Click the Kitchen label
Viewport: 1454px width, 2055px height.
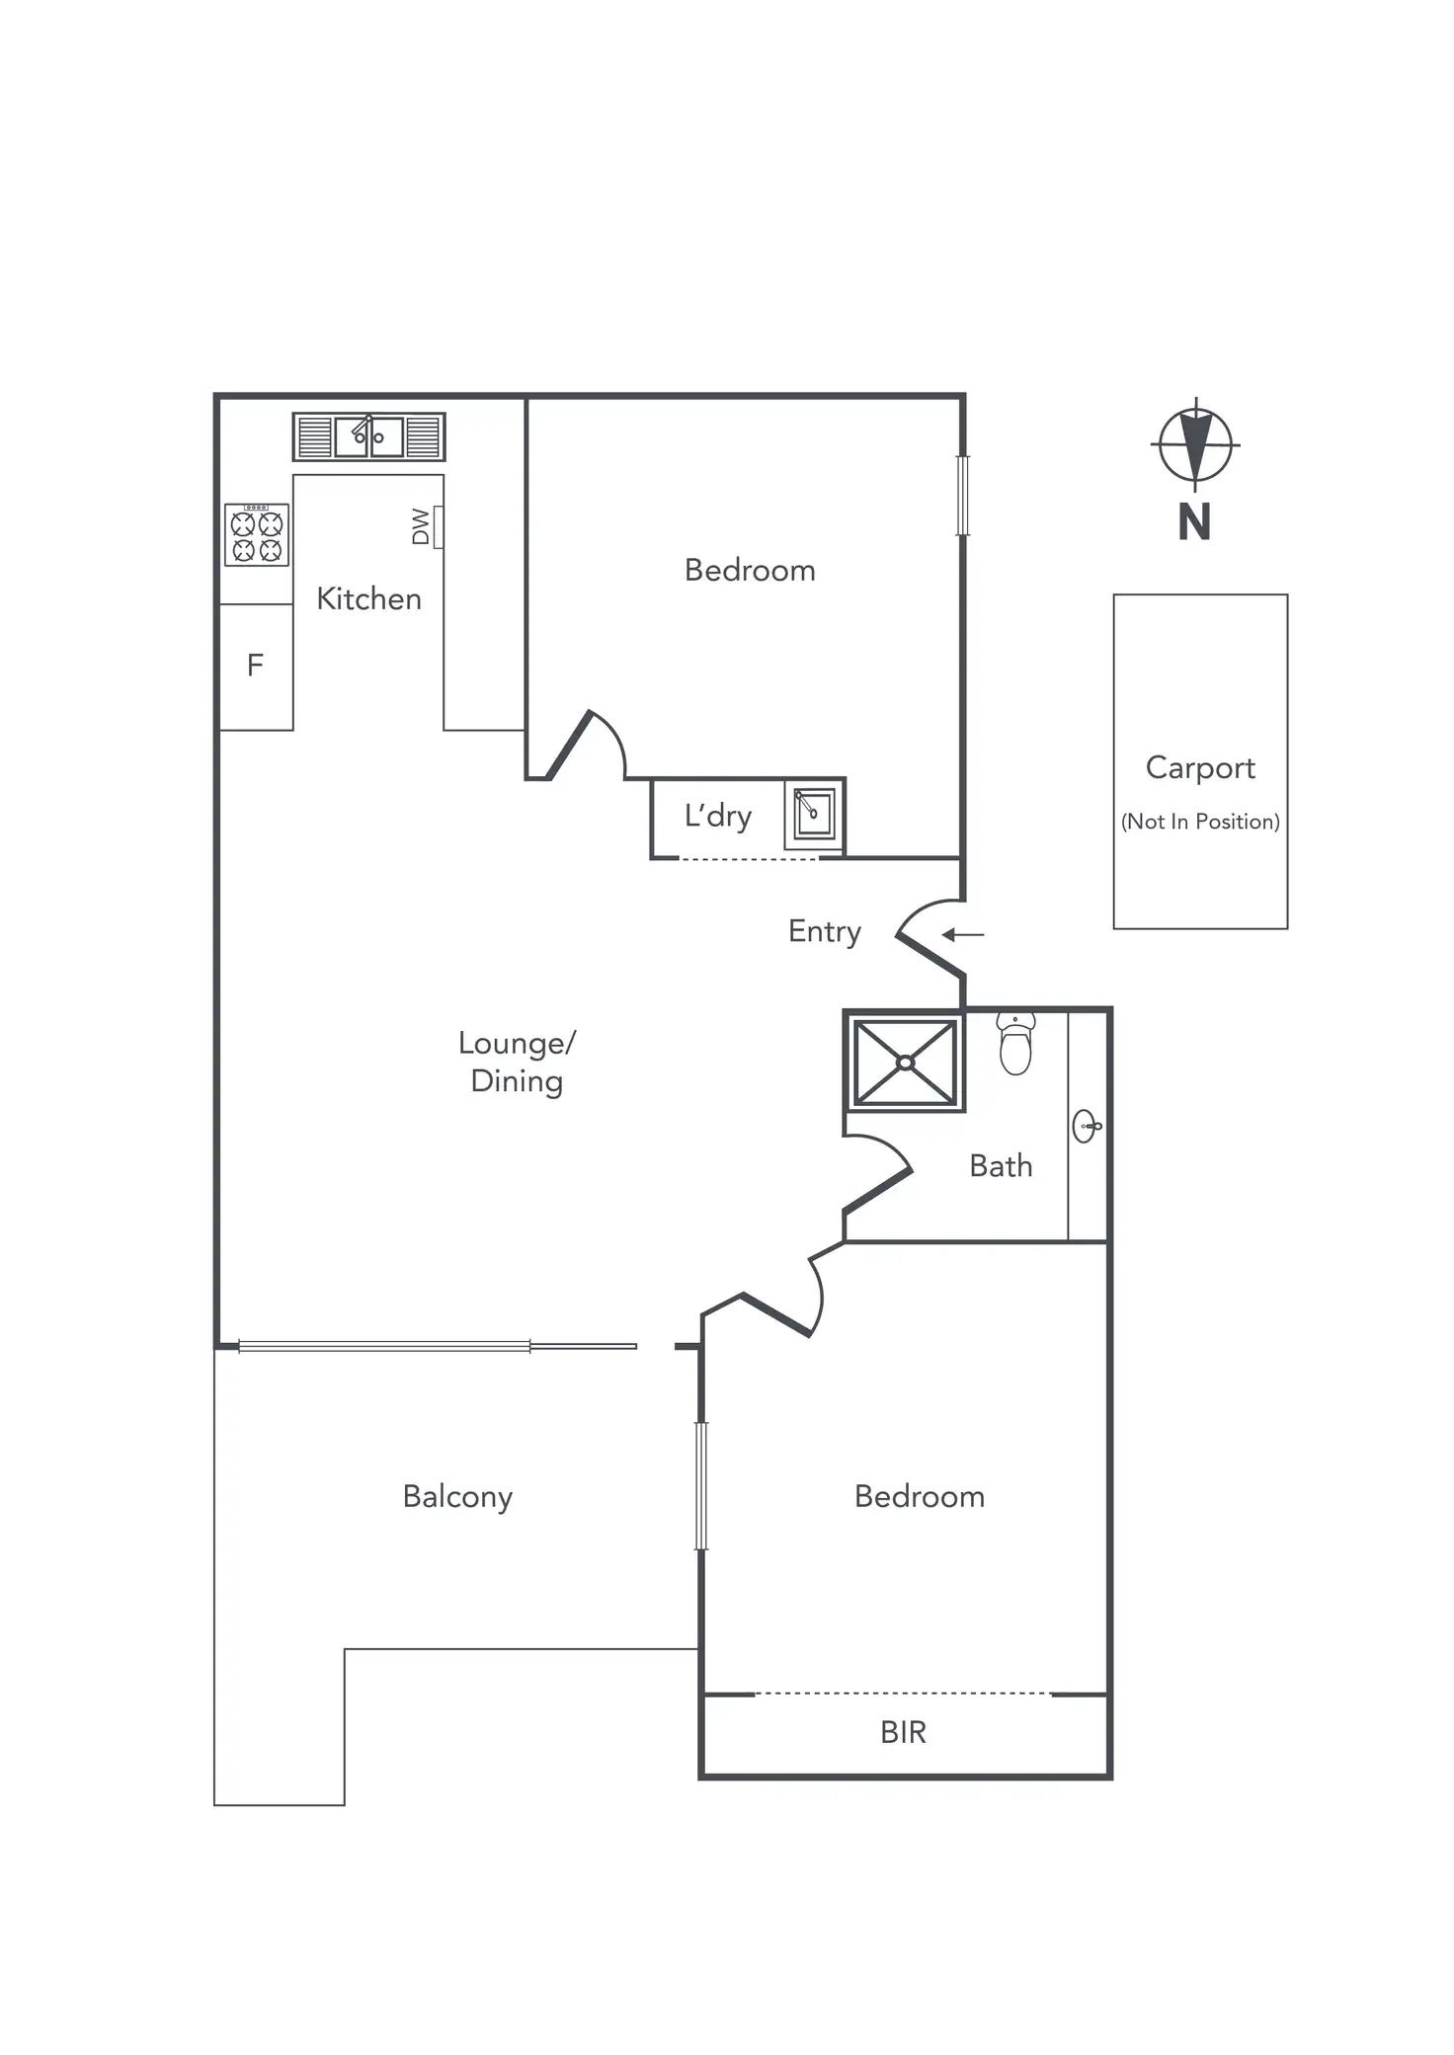pos(368,598)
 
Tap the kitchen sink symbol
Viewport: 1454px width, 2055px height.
pos(368,436)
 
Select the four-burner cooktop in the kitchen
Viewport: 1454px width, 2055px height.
pos(257,535)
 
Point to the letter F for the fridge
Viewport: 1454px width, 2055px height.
pos(255,666)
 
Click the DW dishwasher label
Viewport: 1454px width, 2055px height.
pos(422,526)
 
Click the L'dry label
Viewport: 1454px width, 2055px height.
pos(718,816)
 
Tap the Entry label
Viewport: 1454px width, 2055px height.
pos(824,931)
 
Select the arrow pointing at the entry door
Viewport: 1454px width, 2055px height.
pos(963,934)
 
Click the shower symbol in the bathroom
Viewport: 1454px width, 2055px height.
pos(905,1063)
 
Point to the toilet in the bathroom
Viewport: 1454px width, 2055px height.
pos(1015,1044)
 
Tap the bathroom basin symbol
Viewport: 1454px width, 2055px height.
pos(1086,1126)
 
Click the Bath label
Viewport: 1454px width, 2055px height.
pos(1001,1166)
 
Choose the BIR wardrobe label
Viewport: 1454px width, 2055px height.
pos(903,1732)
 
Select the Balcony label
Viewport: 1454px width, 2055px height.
pos(457,1497)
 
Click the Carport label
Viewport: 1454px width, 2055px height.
pos(1200,768)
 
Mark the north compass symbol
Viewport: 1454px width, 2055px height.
pos(1195,444)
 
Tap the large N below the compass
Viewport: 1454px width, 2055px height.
pos(1194,522)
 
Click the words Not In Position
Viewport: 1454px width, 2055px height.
pos(1200,822)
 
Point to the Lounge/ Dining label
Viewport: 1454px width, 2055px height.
pos(516,1062)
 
